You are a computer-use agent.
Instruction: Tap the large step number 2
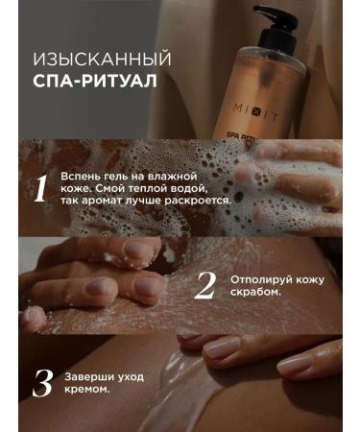point(204,285)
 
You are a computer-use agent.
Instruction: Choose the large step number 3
point(41,382)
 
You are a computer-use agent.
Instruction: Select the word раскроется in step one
point(185,203)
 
